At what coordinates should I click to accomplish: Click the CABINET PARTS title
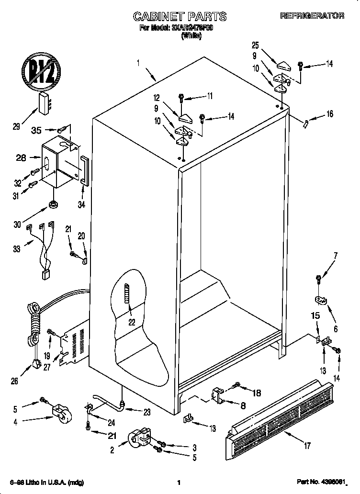180,17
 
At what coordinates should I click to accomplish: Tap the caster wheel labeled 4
60,413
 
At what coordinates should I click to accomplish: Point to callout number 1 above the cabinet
138,62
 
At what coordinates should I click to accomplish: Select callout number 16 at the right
329,114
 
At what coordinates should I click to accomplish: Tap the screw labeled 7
318,278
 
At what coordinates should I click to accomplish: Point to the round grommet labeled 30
52,205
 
